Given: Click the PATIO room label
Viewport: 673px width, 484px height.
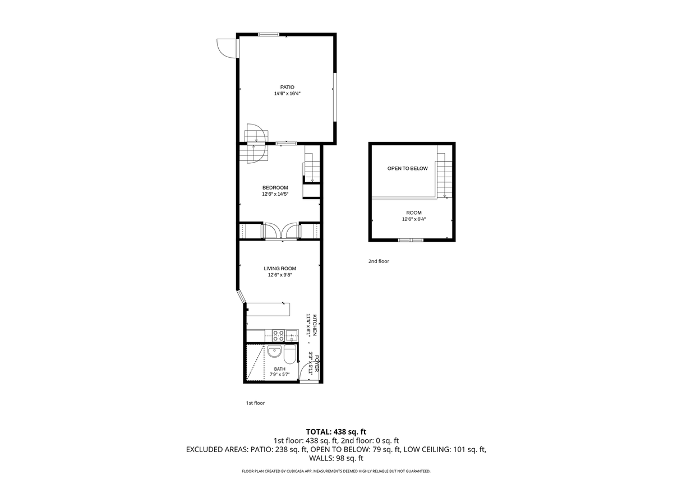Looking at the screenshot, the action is (x=287, y=87).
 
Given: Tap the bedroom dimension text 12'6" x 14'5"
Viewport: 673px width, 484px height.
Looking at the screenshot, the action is (x=275, y=194).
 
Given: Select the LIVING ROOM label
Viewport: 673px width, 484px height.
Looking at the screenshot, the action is (x=280, y=269).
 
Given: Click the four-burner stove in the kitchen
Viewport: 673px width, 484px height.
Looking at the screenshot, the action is (x=278, y=335).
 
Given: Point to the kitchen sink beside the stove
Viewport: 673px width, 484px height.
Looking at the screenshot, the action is (x=292, y=335).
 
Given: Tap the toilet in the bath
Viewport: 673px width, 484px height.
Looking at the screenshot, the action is (x=290, y=354).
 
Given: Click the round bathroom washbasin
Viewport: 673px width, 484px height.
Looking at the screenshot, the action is (x=274, y=351).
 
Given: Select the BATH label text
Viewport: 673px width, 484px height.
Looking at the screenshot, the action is (x=280, y=369).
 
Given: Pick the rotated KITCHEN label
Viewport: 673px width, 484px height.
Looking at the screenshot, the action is (x=315, y=325).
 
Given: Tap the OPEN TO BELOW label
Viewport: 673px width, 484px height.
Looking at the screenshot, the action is (x=407, y=169).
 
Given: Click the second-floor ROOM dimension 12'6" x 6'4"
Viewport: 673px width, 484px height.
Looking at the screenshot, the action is (x=414, y=219).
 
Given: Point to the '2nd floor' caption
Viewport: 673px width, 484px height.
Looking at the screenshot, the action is (x=379, y=261).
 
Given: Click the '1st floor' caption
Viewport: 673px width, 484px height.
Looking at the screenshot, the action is (x=255, y=403).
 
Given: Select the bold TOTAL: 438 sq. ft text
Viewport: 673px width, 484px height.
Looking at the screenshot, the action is (x=336, y=432).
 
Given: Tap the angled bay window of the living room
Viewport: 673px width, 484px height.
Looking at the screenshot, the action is (x=241, y=297).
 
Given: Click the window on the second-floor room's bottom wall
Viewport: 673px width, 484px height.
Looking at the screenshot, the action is (x=411, y=240).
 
